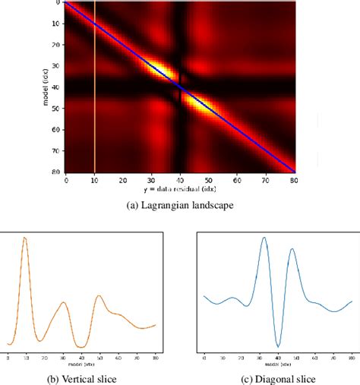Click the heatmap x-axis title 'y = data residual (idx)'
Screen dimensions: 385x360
click(x=180, y=189)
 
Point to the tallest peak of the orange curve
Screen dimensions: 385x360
click(x=25, y=238)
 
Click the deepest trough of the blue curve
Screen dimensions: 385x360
click(x=278, y=346)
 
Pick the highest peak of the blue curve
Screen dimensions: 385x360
click(x=264, y=238)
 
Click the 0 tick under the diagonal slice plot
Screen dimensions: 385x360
click(x=204, y=355)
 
